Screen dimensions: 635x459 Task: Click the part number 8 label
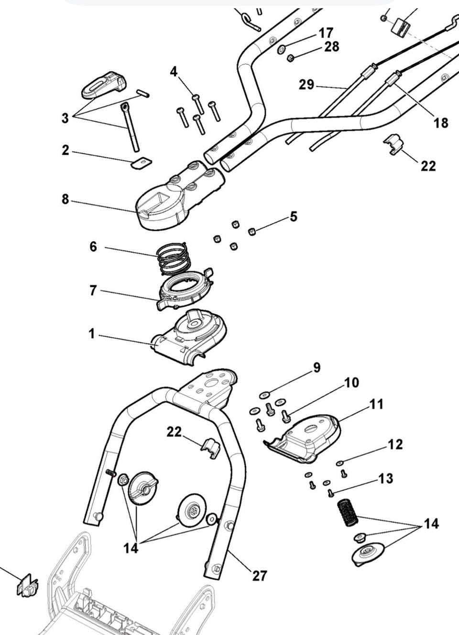(x=65, y=199)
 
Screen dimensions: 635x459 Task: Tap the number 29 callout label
(x=306, y=85)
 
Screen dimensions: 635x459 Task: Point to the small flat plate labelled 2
(x=141, y=162)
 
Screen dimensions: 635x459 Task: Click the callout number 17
(x=326, y=33)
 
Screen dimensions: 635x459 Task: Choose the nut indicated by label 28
(x=290, y=58)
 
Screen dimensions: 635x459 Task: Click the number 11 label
(x=377, y=404)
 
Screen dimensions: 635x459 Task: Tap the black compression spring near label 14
(x=348, y=511)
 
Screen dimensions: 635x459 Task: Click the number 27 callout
(x=259, y=575)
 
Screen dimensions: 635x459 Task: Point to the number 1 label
(x=92, y=334)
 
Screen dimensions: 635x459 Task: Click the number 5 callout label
(x=293, y=216)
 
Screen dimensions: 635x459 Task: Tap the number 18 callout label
(x=441, y=123)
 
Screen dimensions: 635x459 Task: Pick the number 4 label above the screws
(x=174, y=72)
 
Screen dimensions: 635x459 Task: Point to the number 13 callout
(x=385, y=478)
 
